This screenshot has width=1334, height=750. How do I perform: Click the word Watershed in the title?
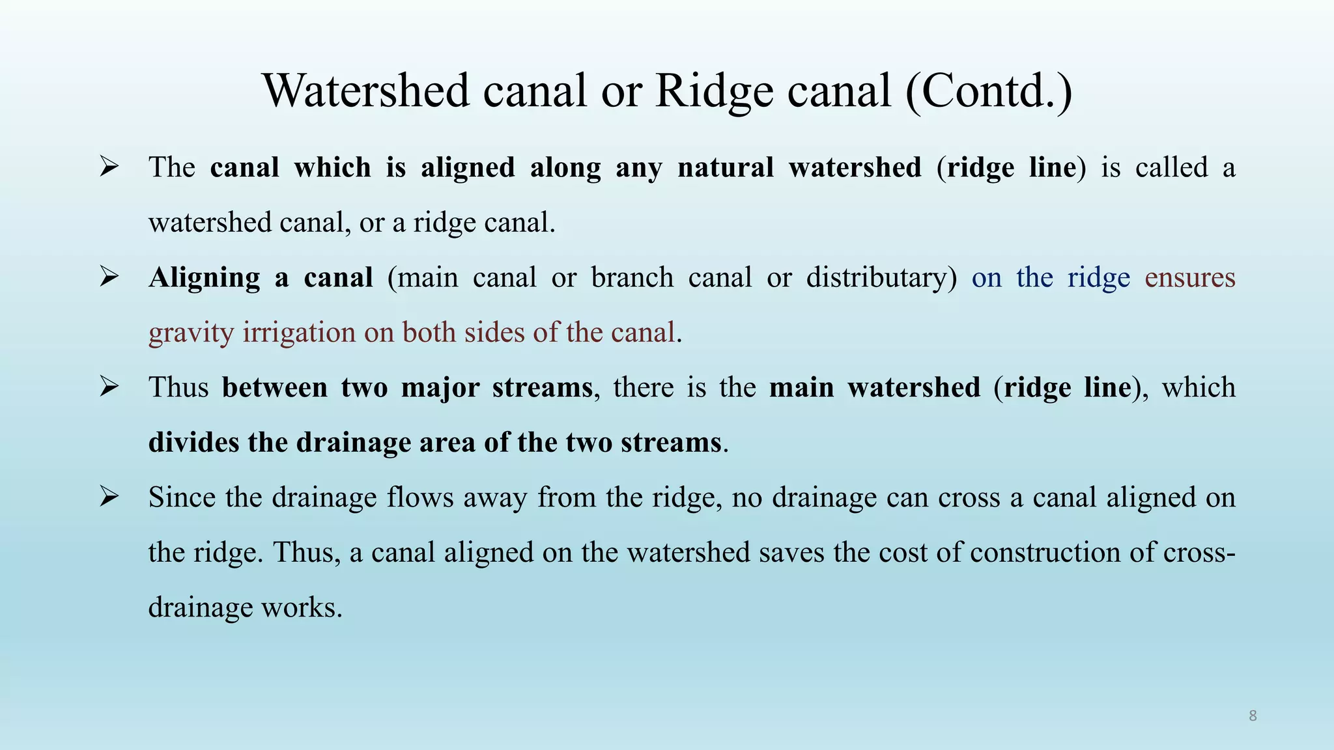pos(365,90)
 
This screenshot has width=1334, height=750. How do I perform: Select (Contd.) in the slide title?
pos(988,90)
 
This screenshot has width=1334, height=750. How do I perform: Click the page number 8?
pos(1253,716)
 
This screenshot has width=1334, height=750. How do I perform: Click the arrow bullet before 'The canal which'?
pos(109,167)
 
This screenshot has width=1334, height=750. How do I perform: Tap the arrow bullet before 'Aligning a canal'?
pos(109,277)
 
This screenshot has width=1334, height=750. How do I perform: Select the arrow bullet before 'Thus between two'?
pos(109,387)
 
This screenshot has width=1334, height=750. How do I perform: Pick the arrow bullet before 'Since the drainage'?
pos(109,497)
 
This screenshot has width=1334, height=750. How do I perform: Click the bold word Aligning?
pos(205,278)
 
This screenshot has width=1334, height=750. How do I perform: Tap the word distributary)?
pos(881,277)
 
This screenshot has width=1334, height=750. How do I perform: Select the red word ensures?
pos(1189,277)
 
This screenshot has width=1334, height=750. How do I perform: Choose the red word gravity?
pos(191,333)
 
